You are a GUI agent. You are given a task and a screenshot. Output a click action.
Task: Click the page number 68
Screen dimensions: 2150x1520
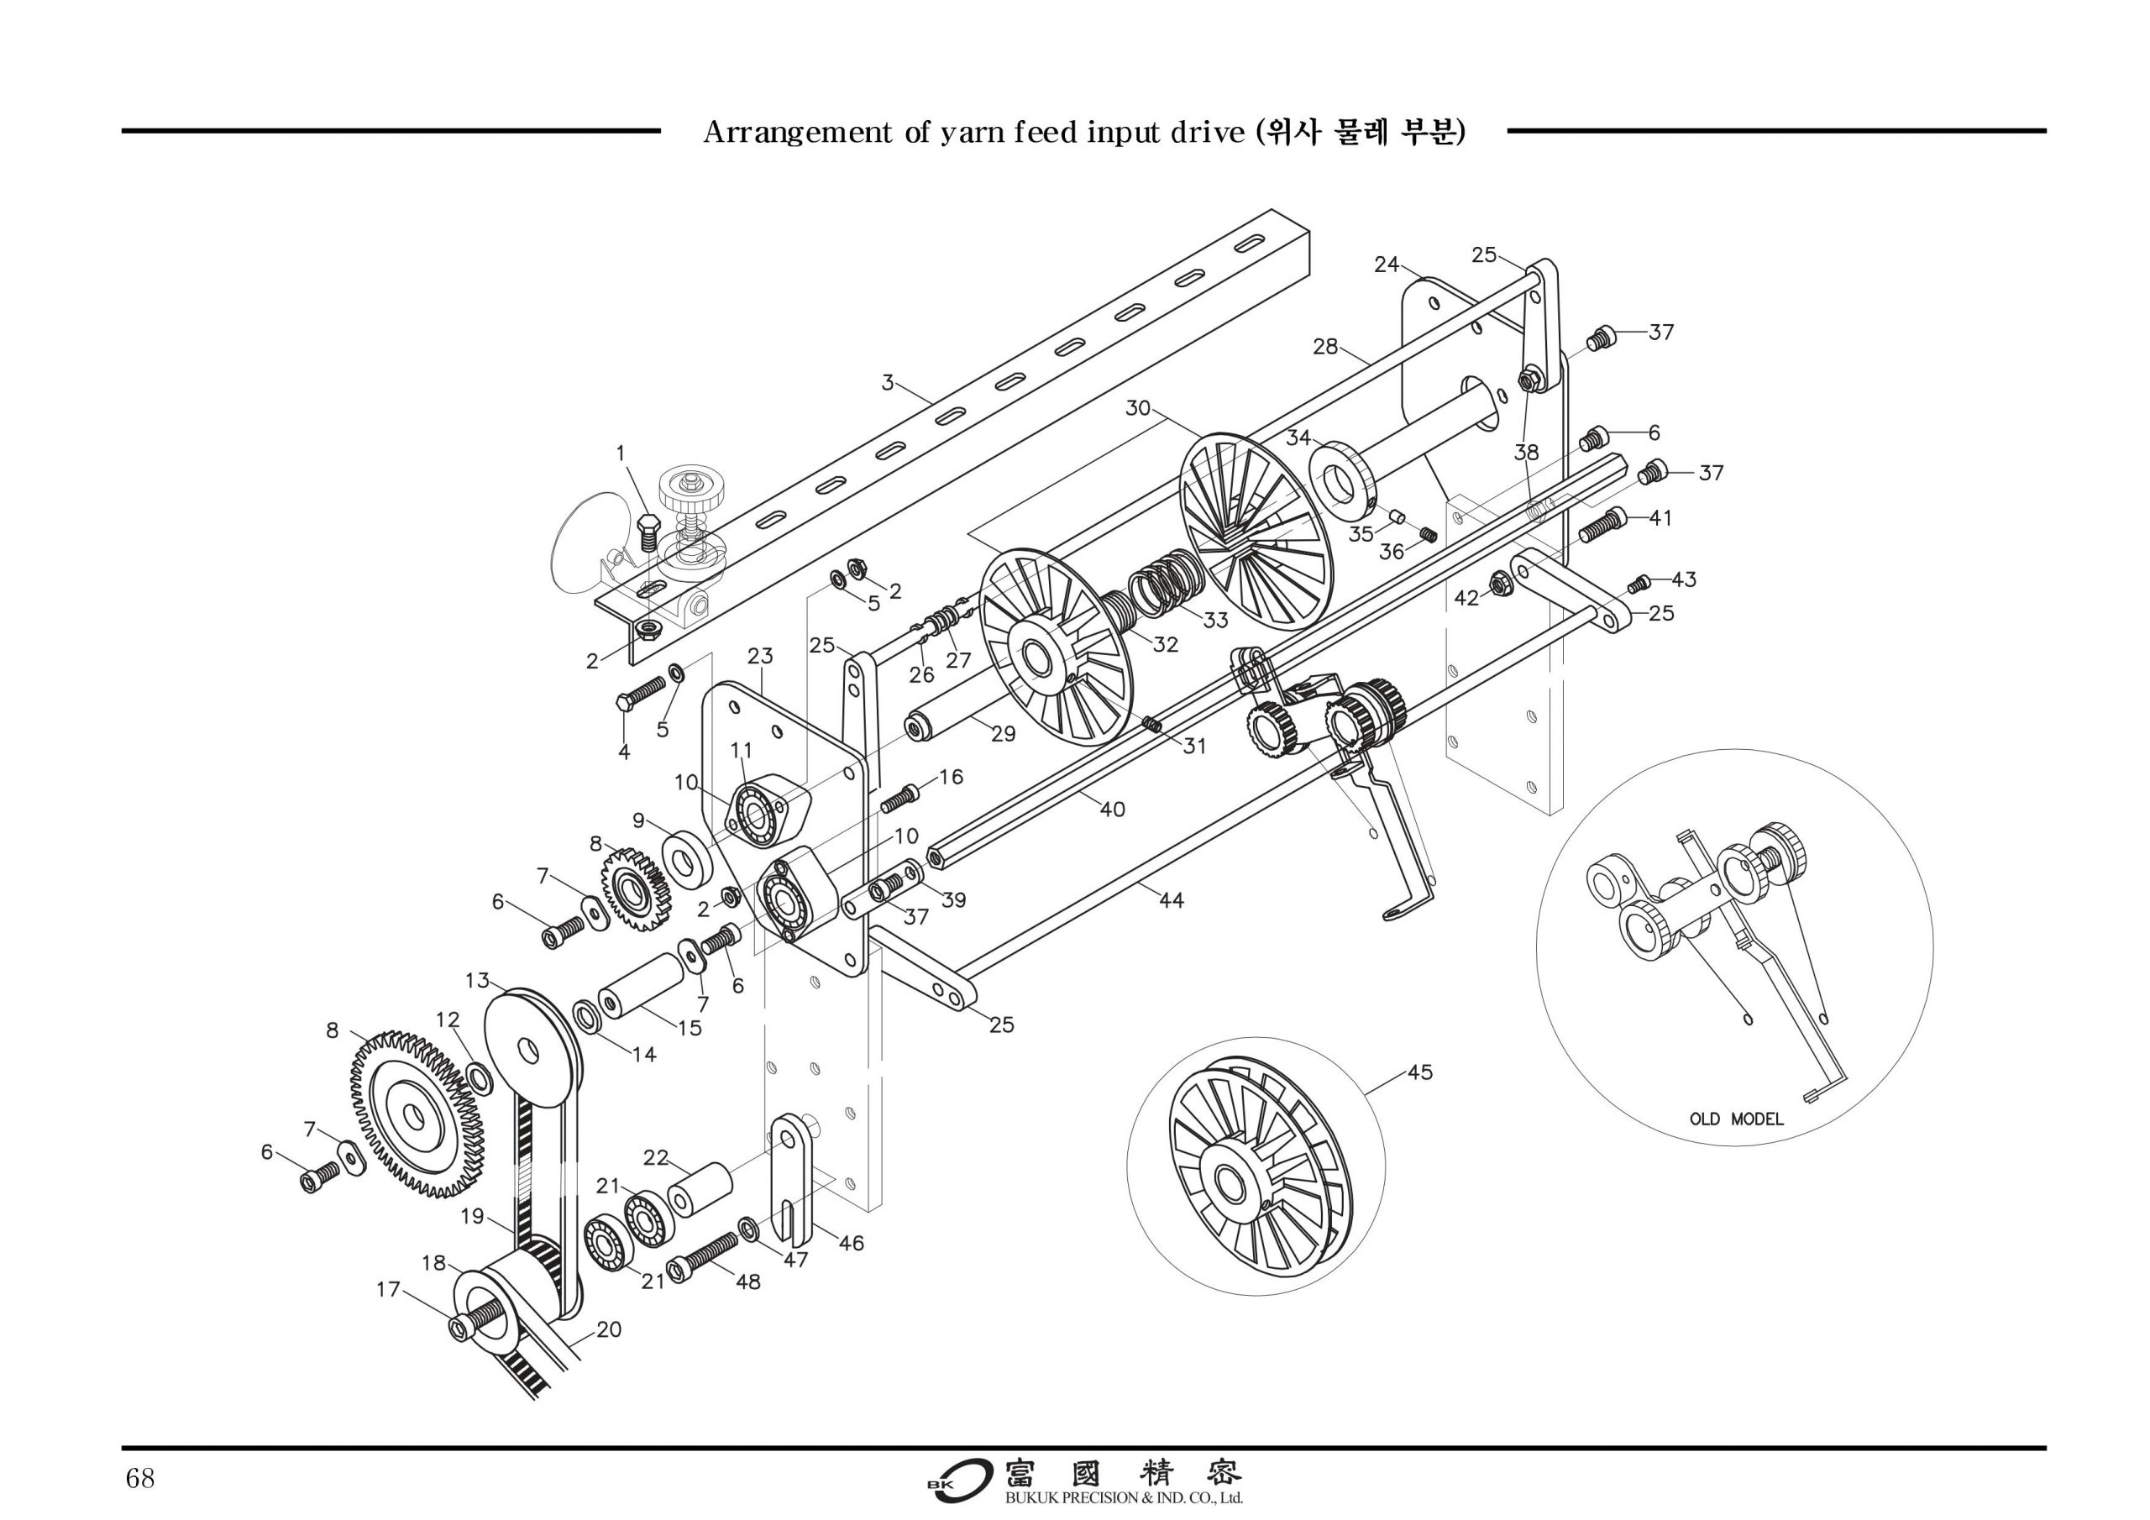pyautogui.click(x=139, y=1479)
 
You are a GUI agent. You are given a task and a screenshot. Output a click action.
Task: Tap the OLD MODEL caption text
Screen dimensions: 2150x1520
pyautogui.click(x=1736, y=1119)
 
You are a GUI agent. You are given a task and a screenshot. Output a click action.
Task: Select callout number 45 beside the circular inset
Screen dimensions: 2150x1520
pyautogui.click(x=1419, y=1072)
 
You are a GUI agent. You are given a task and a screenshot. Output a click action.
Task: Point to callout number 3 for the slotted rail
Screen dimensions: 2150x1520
pyautogui.click(x=888, y=382)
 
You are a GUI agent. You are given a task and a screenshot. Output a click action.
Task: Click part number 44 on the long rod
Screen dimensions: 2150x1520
pyautogui.click(x=1172, y=900)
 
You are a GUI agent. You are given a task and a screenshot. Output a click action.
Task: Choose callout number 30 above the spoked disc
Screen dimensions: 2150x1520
pyautogui.click(x=1138, y=408)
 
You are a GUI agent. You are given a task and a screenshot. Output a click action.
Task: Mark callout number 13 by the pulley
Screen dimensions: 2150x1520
pyautogui.click(x=478, y=981)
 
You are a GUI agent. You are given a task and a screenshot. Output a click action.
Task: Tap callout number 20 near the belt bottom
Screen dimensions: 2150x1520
pyautogui.click(x=609, y=1329)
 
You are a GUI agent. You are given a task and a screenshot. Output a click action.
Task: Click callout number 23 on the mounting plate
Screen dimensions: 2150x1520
pyautogui.click(x=760, y=656)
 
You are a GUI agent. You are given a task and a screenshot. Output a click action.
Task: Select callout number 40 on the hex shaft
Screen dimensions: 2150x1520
pyautogui.click(x=1113, y=808)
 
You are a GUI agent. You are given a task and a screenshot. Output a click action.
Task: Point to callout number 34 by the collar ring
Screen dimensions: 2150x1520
pyautogui.click(x=1298, y=438)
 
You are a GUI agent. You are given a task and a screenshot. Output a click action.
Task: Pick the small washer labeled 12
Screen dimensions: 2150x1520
pyautogui.click(x=480, y=1077)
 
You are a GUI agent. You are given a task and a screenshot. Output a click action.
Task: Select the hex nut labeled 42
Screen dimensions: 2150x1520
pyautogui.click(x=1497, y=584)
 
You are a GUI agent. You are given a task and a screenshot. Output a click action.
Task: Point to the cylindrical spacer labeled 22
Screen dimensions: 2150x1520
pyautogui.click(x=700, y=1187)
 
